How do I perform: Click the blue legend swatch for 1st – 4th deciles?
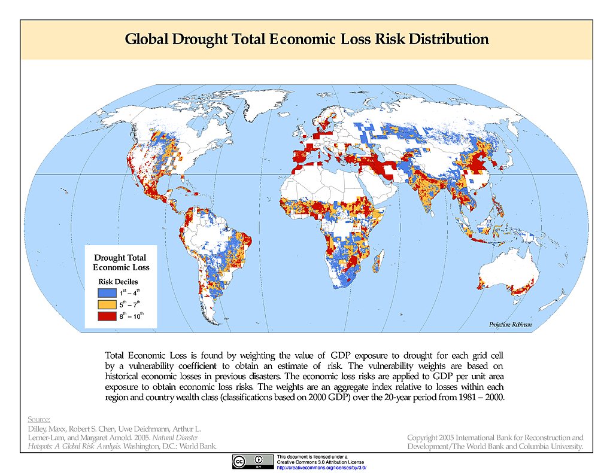(x=106, y=293)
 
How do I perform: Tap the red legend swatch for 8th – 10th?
(x=106, y=316)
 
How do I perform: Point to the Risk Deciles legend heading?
(x=118, y=280)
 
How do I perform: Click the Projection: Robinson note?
(x=509, y=325)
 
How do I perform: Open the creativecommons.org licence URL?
(x=321, y=467)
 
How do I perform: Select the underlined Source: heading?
(x=39, y=419)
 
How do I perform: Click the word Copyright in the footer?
(x=424, y=438)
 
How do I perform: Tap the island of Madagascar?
(x=378, y=262)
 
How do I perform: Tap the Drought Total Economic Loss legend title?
(x=121, y=263)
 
